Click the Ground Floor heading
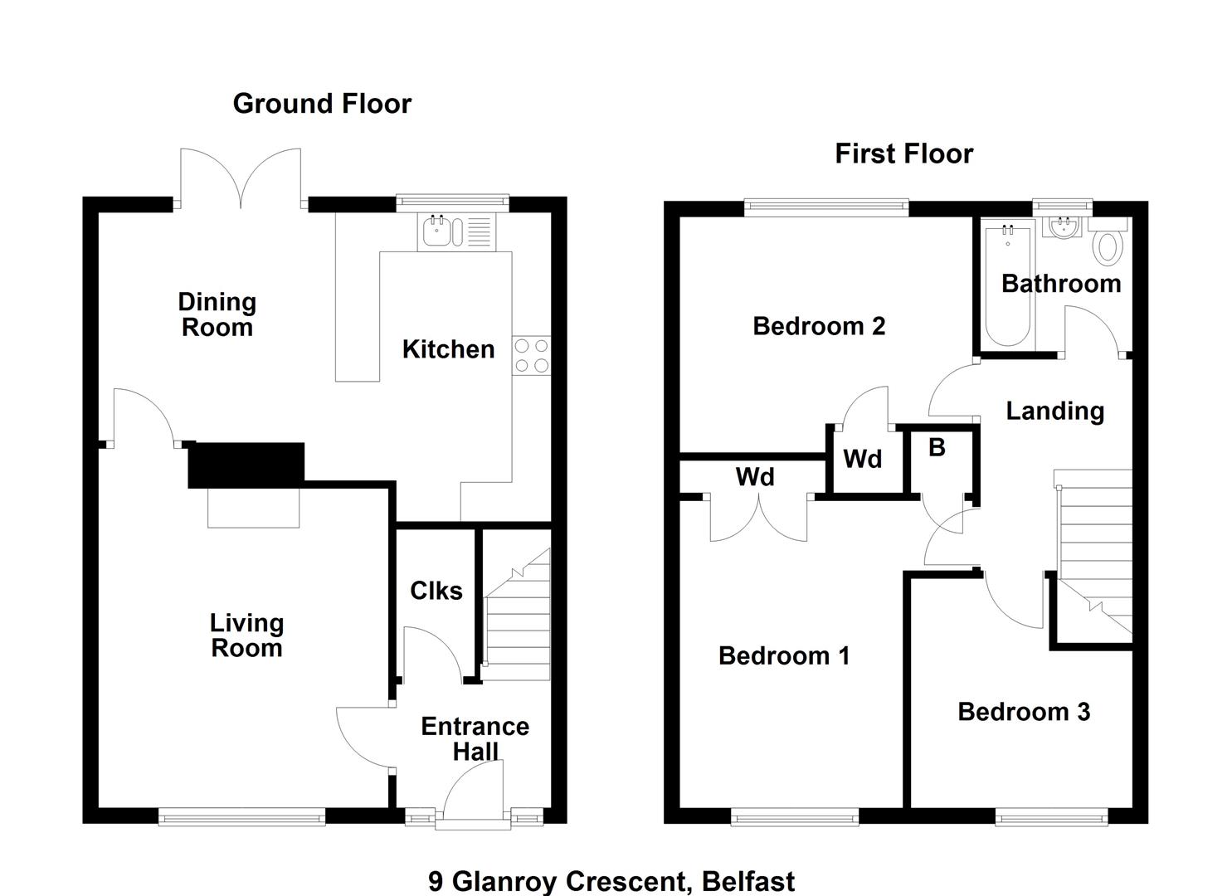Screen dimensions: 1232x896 point(322,104)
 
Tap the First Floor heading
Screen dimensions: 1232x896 point(904,153)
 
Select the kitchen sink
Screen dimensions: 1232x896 point(456,232)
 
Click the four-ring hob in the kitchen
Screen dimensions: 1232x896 point(531,355)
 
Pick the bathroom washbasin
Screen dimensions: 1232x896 point(1065,227)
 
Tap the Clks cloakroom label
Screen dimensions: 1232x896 point(436,591)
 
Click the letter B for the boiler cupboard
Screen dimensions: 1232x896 point(937,447)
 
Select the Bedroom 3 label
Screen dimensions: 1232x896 point(1024,712)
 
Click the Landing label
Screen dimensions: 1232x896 point(1055,411)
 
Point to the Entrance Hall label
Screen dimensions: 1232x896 point(475,739)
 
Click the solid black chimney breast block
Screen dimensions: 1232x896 point(246,465)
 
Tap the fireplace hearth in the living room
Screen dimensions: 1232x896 point(254,508)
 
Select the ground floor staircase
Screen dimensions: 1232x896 point(517,615)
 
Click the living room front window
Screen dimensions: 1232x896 point(242,816)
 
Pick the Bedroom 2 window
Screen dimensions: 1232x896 point(826,207)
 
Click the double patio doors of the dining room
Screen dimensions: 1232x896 point(241,179)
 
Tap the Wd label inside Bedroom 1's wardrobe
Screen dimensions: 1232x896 point(755,477)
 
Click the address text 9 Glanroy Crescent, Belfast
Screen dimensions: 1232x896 point(611,881)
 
